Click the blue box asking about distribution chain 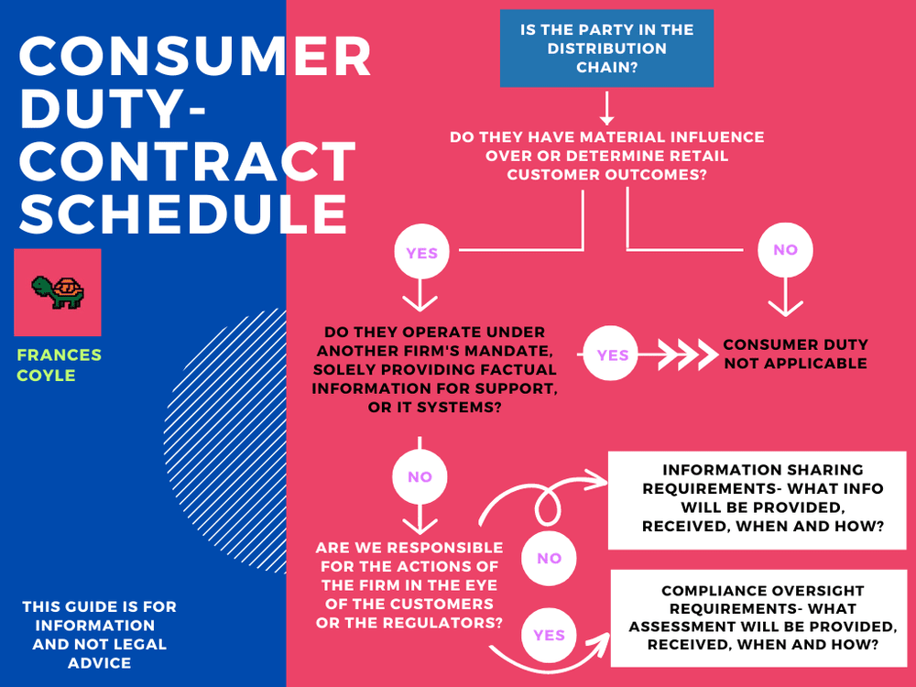click(x=606, y=49)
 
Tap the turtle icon click(x=58, y=292)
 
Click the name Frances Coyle click(x=59, y=365)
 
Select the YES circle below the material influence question click(x=421, y=253)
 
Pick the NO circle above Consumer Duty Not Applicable click(x=784, y=250)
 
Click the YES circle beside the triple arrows click(x=613, y=354)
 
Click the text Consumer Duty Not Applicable click(x=795, y=354)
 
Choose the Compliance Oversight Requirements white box click(x=757, y=617)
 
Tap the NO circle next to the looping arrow click(x=549, y=558)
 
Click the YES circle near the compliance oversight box click(x=549, y=634)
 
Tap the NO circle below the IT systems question click(x=420, y=477)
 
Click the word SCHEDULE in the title click(x=183, y=213)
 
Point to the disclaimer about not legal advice click(x=99, y=634)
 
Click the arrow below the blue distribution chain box click(x=605, y=109)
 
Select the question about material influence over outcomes click(x=606, y=156)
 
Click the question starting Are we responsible click(x=409, y=585)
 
